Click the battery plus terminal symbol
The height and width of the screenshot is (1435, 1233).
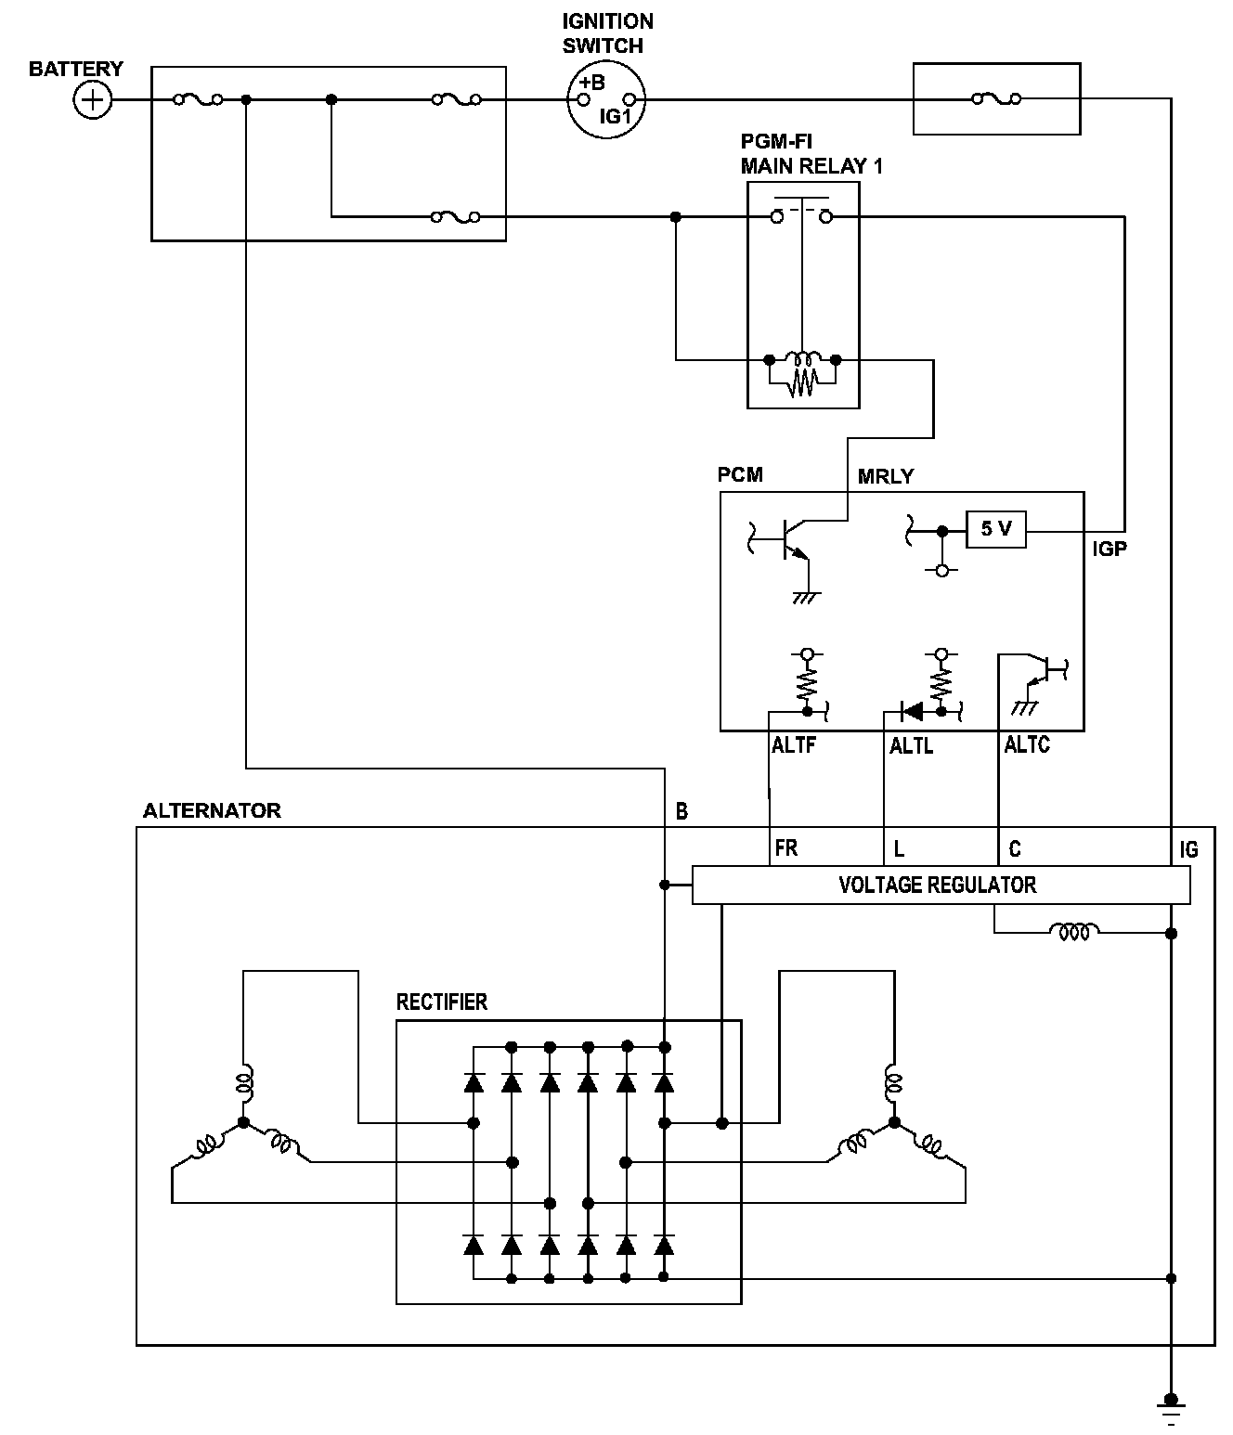(92, 99)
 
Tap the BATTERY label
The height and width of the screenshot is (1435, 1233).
(75, 70)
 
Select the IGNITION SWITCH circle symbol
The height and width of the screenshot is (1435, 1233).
(605, 98)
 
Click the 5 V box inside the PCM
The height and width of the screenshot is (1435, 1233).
(995, 530)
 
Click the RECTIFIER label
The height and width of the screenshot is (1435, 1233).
(441, 1002)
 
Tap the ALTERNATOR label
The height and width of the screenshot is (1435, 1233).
(212, 810)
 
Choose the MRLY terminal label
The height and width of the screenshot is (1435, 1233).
(886, 476)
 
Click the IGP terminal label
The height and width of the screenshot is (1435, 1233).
(1109, 549)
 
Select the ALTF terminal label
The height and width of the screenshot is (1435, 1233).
(793, 744)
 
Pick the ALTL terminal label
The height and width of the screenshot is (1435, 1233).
(911, 745)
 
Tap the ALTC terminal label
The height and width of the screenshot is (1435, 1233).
(1027, 744)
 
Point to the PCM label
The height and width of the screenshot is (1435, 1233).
(740, 475)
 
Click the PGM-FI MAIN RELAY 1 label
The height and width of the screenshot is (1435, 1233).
(811, 154)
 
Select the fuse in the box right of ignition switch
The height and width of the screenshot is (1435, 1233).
(995, 98)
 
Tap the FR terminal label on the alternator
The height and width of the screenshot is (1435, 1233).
(785, 848)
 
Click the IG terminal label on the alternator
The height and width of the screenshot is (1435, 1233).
(1188, 849)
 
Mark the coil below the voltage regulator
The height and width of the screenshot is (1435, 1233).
(1074, 930)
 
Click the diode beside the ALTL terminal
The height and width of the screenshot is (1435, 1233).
(913, 712)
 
